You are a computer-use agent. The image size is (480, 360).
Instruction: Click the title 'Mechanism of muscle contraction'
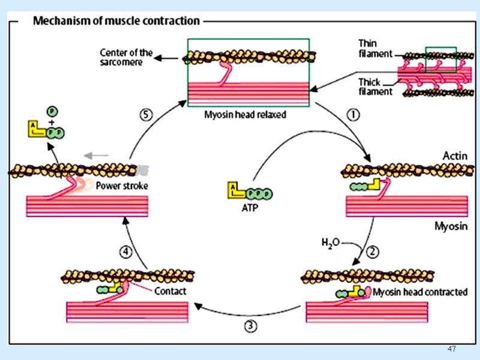(116, 21)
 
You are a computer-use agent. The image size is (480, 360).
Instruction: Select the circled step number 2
(372, 252)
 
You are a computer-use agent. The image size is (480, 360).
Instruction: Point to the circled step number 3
(250, 327)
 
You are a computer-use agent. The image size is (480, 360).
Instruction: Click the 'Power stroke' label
(122, 186)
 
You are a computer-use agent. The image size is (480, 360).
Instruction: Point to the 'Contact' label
(170, 292)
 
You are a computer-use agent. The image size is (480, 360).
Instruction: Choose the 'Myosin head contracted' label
(420, 293)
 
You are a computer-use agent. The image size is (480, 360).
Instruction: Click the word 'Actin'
(455, 156)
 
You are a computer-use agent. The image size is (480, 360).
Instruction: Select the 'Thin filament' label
(375, 48)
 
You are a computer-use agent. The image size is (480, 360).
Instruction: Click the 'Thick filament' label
(376, 86)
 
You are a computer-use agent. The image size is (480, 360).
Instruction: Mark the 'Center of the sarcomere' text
(126, 58)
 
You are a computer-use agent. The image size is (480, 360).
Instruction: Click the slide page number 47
(452, 349)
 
